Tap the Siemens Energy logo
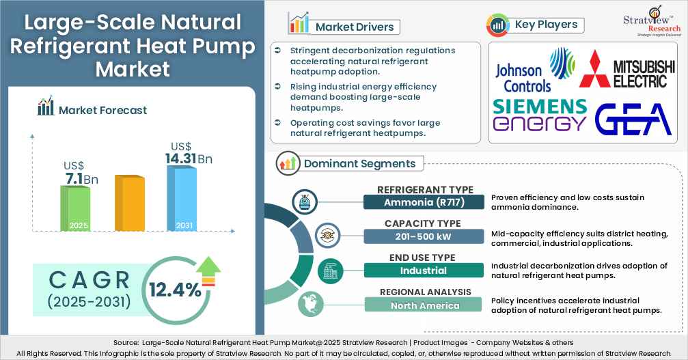click(540, 115)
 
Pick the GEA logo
click(633, 119)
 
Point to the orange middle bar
click(128, 204)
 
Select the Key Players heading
click(546, 25)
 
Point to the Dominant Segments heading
click(359, 163)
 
